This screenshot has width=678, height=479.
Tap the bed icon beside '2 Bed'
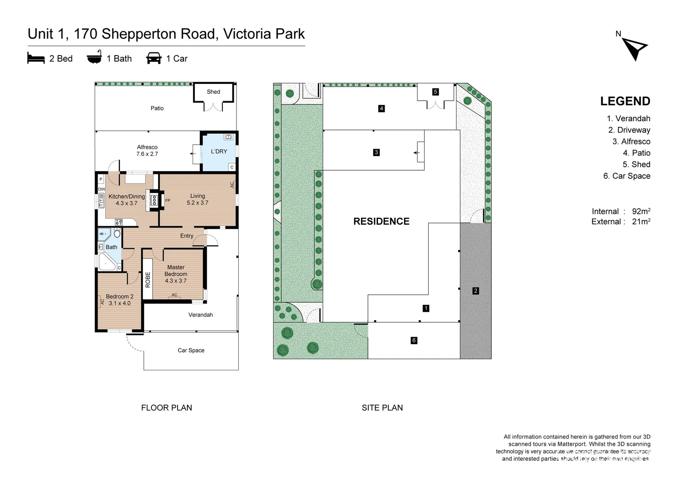point(35,58)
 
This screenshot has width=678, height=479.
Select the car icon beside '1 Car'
point(154,58)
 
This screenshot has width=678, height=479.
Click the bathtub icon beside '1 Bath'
point(95,57)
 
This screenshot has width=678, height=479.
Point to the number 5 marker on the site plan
point(435,92)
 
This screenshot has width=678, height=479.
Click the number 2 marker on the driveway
point(476,291)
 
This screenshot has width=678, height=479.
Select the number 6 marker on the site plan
point(414,341)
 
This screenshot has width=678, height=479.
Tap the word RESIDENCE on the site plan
point(382,221)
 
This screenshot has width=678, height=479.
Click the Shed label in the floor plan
point(213,92)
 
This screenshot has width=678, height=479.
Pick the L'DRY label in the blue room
point(219,151)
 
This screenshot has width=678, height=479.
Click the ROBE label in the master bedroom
point(148,280)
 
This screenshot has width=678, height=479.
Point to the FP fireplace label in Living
point(168,200)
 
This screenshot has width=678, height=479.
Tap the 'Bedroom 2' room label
point(119,297)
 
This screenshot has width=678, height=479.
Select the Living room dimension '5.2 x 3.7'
point(197,203)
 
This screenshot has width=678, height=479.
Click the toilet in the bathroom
point(117,233)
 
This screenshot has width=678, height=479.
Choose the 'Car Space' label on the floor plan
point(191,350)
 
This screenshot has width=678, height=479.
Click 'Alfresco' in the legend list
point(635,141)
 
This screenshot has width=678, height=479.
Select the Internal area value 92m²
point(641,211)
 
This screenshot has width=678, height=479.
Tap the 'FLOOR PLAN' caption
point(166,408)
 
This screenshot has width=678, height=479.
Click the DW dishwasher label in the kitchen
point(102,189)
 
